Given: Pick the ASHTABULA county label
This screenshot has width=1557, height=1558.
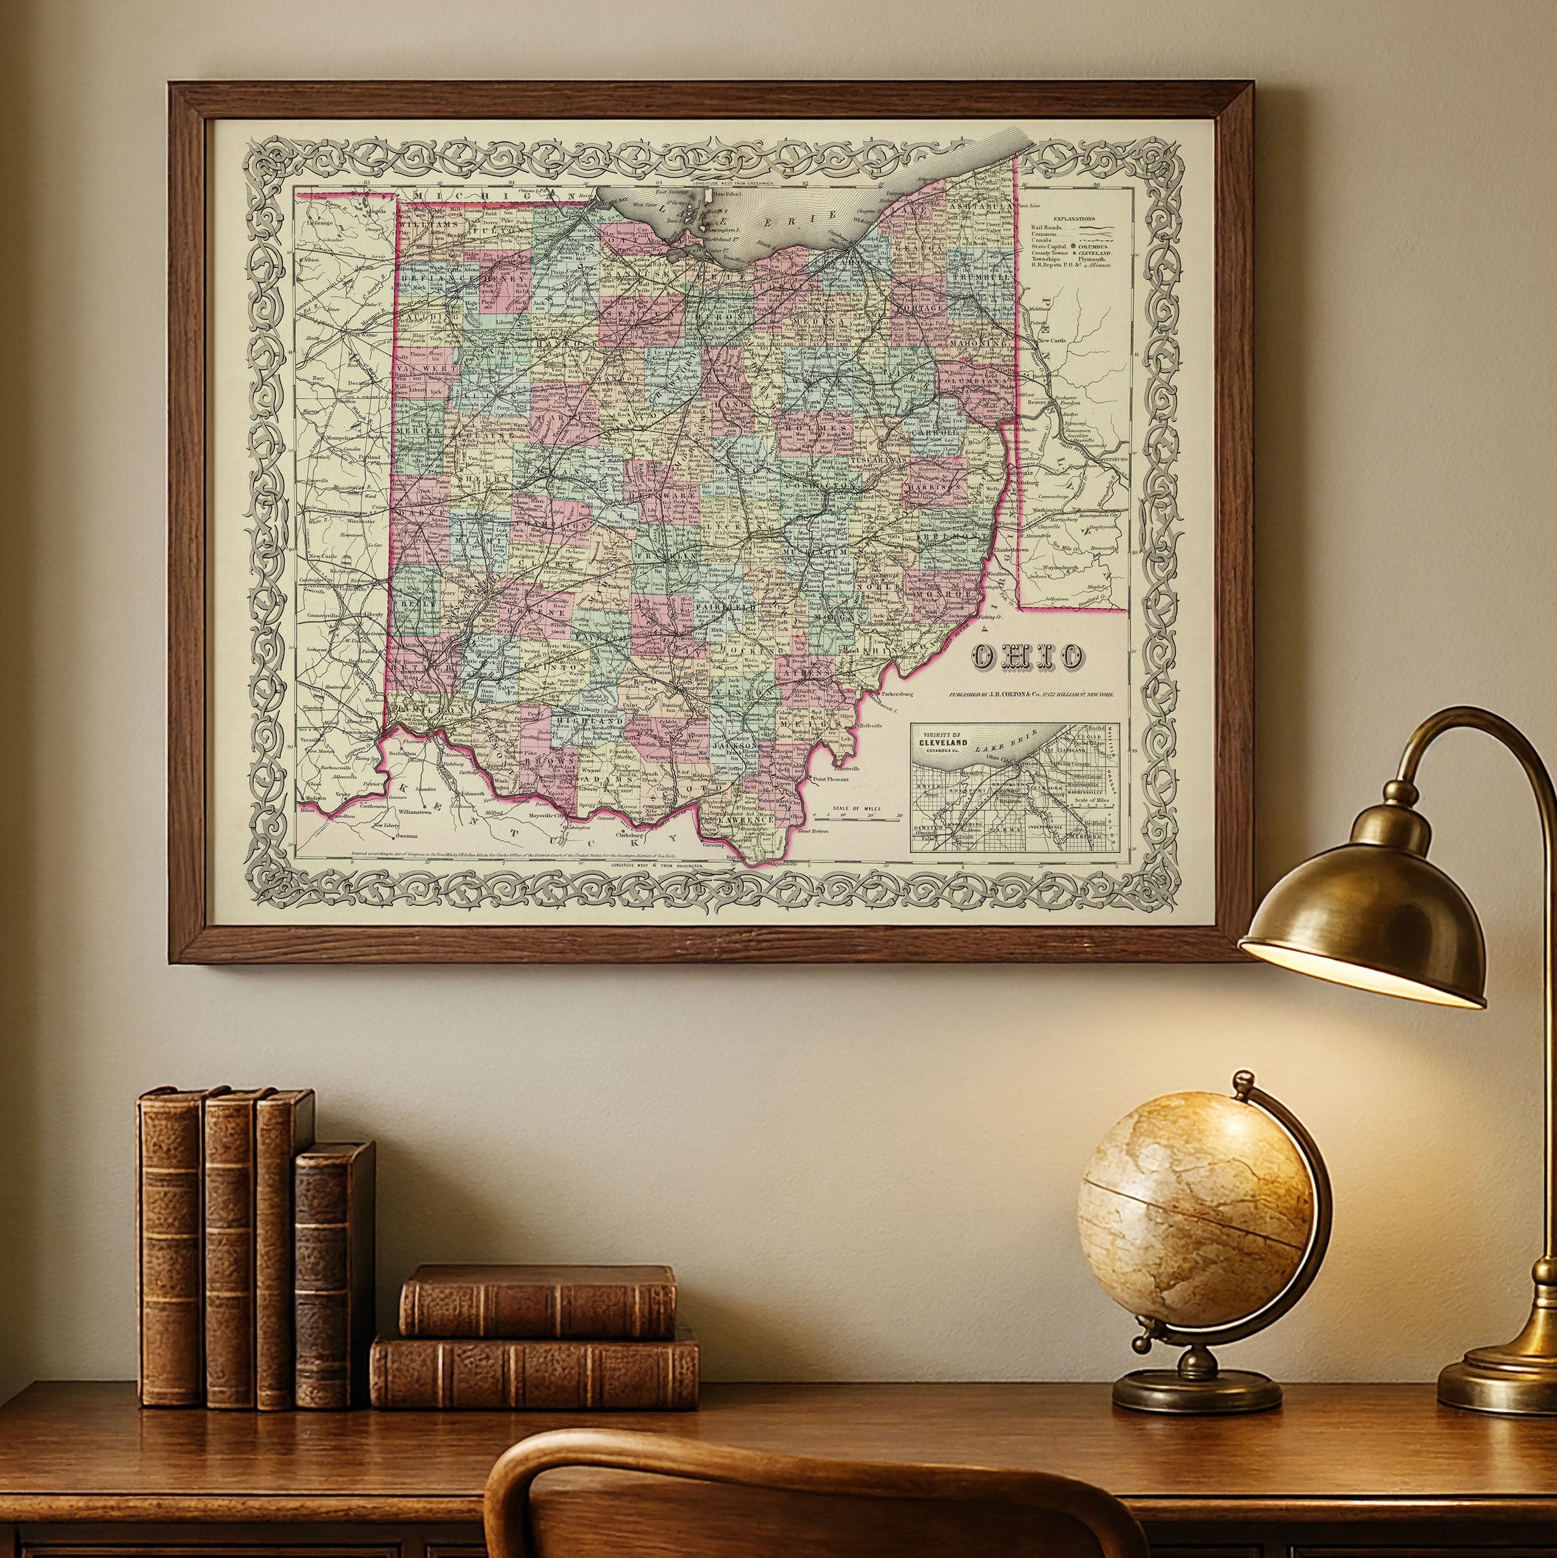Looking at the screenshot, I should click(x=979, y=208).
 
